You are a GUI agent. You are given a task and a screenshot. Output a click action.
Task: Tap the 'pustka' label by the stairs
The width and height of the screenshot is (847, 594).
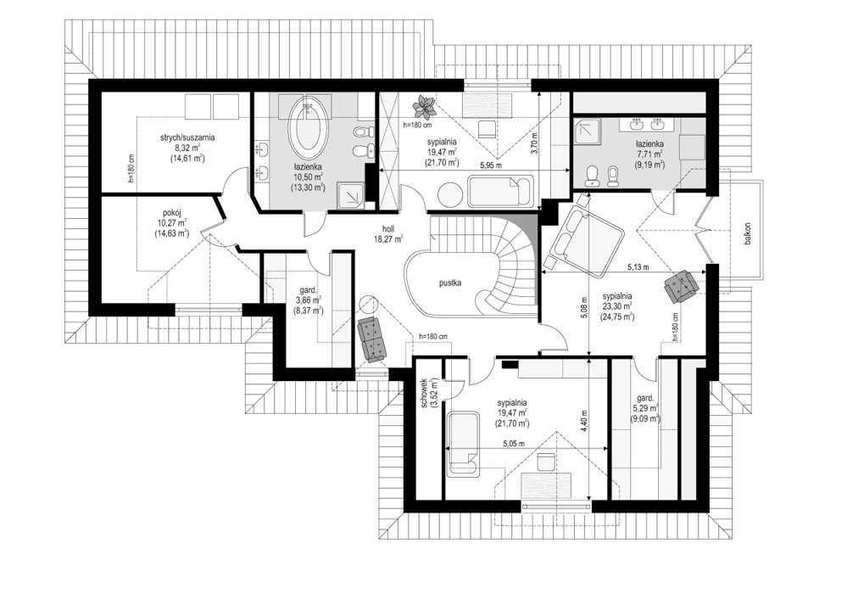(449, 284)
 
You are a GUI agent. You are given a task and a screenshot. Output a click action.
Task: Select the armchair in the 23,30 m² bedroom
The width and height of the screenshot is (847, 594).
(682, 284)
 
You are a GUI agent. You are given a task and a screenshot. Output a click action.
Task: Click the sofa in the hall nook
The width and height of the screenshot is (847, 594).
(372, 337)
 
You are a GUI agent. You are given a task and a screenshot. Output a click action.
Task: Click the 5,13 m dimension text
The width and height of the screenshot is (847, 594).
(638, 267)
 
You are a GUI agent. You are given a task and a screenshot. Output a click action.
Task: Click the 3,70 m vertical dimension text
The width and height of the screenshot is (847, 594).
(535, 146)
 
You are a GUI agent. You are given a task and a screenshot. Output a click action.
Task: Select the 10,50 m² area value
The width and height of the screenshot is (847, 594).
(307, 177)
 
